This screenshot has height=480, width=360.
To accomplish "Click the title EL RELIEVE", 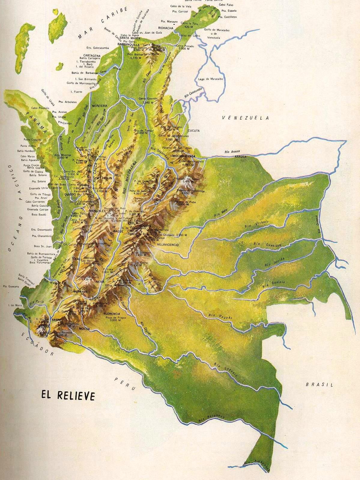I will pyautogui.click(x=69, y=395).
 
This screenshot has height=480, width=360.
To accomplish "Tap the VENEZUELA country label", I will pyautogui.click(x=245, y=118).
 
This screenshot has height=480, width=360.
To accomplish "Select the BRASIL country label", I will pyautogui.click(x=319, y=385).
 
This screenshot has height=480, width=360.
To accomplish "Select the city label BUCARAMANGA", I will pyautogui.click(x=184, y=156).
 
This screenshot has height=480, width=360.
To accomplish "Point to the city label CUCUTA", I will pyautogui.click(x=193, y=131).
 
